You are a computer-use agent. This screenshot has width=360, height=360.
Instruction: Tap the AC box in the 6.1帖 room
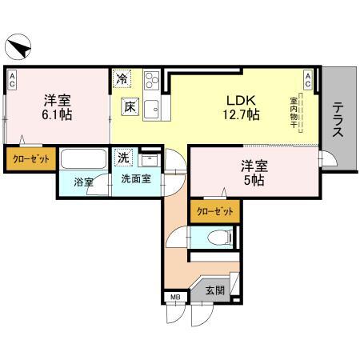(13, 78)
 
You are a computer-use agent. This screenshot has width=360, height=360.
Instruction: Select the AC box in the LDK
(308, 78)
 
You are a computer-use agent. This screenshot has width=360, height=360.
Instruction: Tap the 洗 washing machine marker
(124, 157)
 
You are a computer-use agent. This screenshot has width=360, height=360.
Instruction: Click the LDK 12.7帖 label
(241, 107)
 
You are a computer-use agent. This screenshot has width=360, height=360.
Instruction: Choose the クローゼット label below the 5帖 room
(215, 211)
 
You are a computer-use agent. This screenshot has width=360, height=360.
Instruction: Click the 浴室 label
(83, 182)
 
